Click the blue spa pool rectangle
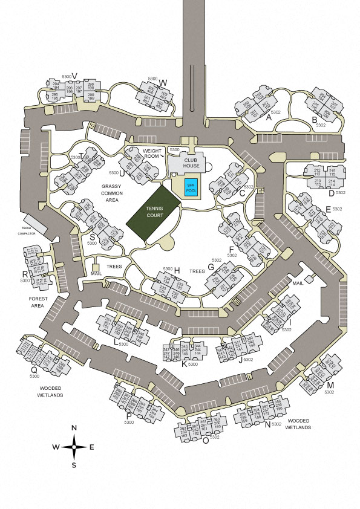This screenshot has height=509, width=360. tap(191, 187)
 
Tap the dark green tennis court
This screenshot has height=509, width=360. tap(153, 216)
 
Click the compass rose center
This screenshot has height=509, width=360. tap(74, 447)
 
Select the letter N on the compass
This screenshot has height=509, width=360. tap(74, 428)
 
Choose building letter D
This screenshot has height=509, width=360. tap(331, 193)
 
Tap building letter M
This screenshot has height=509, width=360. tap(330, 384)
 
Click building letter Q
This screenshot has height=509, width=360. tap(34, 370)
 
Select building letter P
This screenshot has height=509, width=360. tap(128, 416)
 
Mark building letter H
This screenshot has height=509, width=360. tap(177, 270)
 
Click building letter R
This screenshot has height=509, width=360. tap(24, 274)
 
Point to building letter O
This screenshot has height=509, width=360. tap(206, 440)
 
